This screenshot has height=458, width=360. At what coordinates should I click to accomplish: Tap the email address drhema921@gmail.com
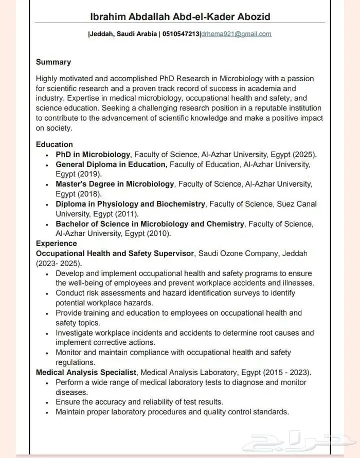point(236,34)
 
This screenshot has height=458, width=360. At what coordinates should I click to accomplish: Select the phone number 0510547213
point(181,34)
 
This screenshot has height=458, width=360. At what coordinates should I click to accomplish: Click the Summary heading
point(53,62)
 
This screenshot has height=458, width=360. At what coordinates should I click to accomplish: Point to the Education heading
point(55,144)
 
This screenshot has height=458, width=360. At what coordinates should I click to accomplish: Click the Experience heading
point(57,244)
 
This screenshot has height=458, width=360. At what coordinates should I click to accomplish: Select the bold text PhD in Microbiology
point(93,154)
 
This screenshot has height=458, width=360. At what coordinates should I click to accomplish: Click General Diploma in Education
point(112,164)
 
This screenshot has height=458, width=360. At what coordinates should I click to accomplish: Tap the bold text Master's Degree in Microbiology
point(115,184)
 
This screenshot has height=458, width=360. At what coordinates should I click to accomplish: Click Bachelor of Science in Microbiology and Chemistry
point(150,224)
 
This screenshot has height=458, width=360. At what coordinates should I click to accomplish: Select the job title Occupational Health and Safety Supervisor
point(115,253)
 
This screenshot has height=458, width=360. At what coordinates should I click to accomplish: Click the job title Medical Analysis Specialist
point(86,372)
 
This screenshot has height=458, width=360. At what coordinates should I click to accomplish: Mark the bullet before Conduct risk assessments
point(47,294)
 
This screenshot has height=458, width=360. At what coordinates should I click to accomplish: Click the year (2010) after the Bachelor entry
point(158,233)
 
